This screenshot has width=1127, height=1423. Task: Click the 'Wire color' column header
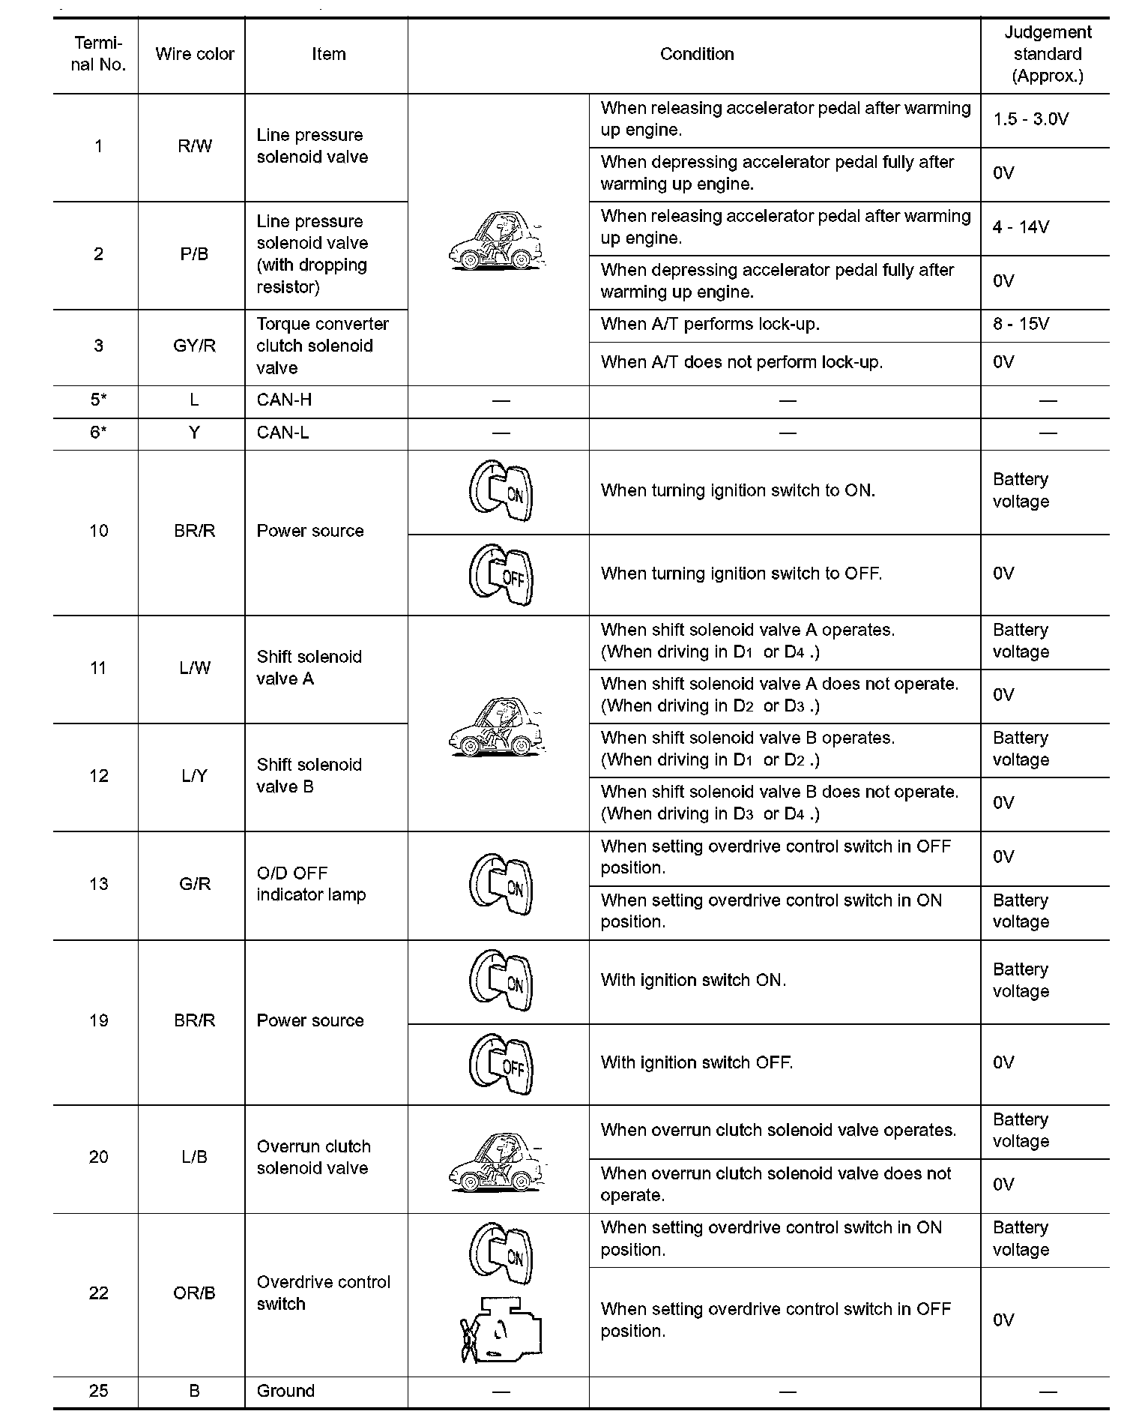tap(194, 54)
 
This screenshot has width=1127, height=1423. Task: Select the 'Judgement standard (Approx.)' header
tap(1047, 54)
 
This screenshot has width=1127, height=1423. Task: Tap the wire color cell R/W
tap(194, 146)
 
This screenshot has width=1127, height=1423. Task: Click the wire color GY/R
tap(194, 346)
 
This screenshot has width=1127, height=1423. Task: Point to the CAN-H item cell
tap(284, 400)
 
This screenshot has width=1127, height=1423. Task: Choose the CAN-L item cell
tap(282, 433)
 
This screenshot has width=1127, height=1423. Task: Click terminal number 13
tap(98, 884)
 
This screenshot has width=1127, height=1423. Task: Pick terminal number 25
tap(98, 1391)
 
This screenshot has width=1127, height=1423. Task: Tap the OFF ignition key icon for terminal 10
tap(501, 575)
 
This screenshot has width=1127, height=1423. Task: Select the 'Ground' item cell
tap(285, 1391)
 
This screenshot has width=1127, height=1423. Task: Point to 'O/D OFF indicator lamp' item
tap(311, 884)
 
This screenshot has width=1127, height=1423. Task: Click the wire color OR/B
tap(194, 1293)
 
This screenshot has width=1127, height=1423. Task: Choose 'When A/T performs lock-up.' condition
tap(710, 324)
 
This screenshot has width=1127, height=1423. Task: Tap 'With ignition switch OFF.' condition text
tap(696, 1062)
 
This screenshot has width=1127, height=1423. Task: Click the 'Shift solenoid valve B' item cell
tap(309, 776)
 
